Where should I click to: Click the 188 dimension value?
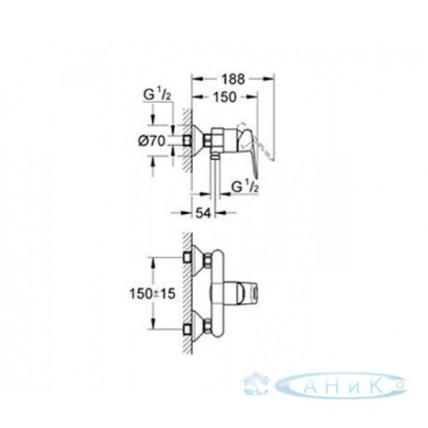pos(234,80)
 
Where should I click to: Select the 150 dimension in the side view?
pos(224,98)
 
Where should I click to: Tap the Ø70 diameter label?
pos(152,141)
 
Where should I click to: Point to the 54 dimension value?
pos(203,212)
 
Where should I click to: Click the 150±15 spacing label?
pos(152,294)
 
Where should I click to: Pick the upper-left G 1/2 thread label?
pos(158,95)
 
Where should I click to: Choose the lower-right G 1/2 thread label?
pos(245,187)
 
